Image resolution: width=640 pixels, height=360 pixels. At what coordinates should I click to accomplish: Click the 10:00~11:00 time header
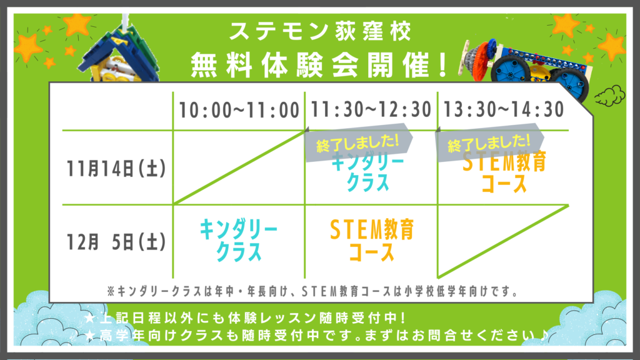pos(239,110)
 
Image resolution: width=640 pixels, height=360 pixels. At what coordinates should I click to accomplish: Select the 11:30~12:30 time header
pos(371,109)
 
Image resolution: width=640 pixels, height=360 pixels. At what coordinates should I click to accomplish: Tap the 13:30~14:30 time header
pos(504,109)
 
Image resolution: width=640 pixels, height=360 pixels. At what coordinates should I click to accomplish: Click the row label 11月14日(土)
pos(116,169)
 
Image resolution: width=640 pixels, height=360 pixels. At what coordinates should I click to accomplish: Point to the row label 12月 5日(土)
pos(116,242)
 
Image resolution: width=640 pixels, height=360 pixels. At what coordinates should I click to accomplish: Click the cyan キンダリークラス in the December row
pos(238,240)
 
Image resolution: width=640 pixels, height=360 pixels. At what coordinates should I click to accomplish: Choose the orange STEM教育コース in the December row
pos(371,240)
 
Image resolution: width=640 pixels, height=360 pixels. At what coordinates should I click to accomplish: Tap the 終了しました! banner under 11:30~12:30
pos(358,142)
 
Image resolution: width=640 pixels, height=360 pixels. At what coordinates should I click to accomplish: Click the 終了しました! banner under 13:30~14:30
pos(490,143)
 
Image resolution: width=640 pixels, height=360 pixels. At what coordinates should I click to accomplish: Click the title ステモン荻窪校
pos(320,31)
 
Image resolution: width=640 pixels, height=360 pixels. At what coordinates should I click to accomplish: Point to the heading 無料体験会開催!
pos(320,65)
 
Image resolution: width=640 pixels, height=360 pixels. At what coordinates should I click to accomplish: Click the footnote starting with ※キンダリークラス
pos(312,291)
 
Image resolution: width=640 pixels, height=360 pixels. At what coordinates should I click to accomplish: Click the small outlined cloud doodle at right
pos(610,96)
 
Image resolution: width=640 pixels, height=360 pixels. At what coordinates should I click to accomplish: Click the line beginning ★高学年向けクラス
pos(316,336)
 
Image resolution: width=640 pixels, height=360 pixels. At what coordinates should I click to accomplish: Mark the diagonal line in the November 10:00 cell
pos(239,167)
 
